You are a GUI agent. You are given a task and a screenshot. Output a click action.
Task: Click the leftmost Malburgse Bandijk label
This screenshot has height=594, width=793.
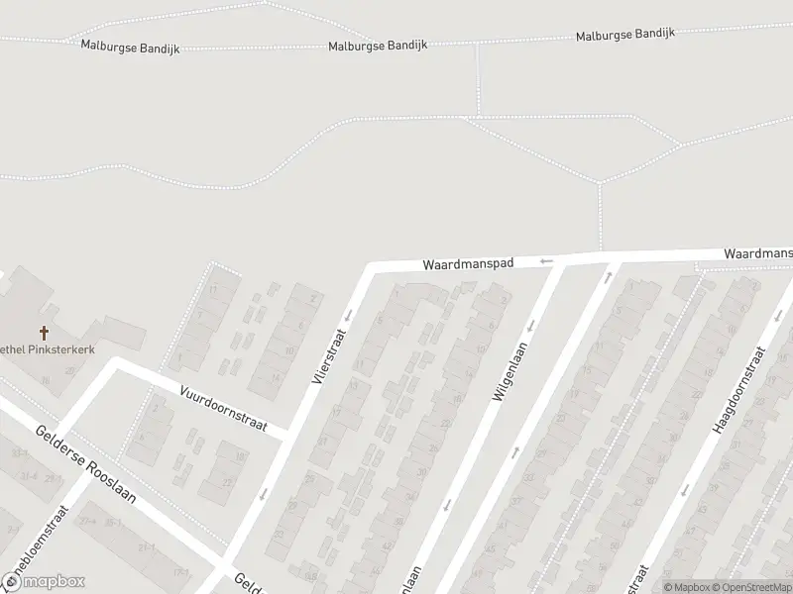pos(130,48)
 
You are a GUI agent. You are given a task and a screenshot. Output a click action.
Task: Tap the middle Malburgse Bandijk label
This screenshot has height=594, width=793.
pos(379,47)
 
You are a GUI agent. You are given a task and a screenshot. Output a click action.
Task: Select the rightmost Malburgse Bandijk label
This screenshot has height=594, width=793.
pos(625,35)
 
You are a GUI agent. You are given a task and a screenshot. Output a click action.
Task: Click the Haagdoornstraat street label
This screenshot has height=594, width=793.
pos(739,390)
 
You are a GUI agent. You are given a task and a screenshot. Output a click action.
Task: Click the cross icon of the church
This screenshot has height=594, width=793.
pos(44,334)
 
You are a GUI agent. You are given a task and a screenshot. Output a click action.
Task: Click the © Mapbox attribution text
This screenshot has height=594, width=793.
pos(687,587)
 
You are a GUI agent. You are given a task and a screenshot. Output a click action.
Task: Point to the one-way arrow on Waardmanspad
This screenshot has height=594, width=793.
pos(545,261)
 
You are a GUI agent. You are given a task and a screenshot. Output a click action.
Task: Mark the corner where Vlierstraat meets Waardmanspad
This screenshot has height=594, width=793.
pos(373,268)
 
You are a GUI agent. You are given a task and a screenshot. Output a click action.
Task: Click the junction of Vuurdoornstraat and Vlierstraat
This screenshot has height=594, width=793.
pos(288,436)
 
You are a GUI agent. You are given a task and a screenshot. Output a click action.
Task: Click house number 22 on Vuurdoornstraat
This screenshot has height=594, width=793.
pos(227,482)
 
